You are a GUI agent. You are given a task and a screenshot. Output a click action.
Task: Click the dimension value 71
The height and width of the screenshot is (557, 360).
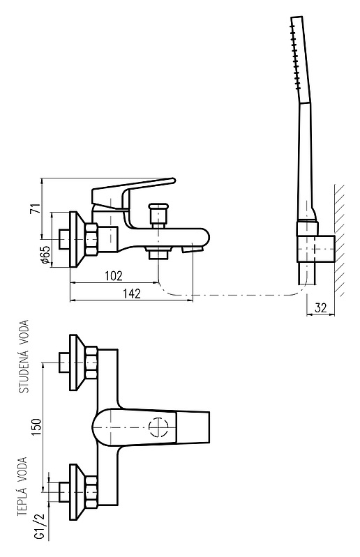pyautogui.click(x=35, y=208)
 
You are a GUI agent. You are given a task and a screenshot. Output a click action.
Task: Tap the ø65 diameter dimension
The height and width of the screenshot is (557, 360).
pyautogui.click(x=45, y=255)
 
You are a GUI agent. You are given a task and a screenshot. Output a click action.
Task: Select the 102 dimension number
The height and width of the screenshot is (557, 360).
pyautogui.click(x=114, y=275)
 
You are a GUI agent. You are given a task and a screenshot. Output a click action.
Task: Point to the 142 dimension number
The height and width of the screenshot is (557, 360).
pyautogui.click(x=132, y=293)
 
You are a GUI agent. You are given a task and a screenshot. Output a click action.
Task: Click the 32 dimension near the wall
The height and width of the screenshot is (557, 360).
pyautogui.click(x=320, y=307)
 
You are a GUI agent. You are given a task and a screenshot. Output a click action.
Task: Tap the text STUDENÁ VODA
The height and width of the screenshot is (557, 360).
pyautogui.click(x=24, y=356)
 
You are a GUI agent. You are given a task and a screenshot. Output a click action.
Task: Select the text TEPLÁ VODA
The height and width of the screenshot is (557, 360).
pyautogui.click(x=22, y=487)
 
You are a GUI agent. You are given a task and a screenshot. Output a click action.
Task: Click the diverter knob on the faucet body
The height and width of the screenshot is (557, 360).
pyautogui.click(x=158, y=214)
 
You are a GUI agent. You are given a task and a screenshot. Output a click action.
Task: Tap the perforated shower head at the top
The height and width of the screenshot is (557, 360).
pyautogui.click(x=301, y=60)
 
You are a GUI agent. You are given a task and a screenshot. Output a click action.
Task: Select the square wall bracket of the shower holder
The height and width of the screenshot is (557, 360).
pyautogui.click(x=316, y=248)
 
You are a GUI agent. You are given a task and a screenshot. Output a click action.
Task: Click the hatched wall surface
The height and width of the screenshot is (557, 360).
pyautogui.click(x=339, y=241)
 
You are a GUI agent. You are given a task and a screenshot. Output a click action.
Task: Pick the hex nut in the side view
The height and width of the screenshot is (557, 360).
pyautogui.click(x=91, y=239)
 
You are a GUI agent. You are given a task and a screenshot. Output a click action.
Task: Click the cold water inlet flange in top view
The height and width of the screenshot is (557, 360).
pyautogui.click(x=77, y=363)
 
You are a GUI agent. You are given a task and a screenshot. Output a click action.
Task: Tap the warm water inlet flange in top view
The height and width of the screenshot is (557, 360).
pyautogui.click(x=77, y=492)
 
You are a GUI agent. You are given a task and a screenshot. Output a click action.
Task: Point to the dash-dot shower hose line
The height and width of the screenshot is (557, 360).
pyautogui.click(x=231, y=295)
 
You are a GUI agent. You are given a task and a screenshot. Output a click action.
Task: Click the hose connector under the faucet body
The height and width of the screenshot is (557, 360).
pyautogui.click(x=158, y=254)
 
